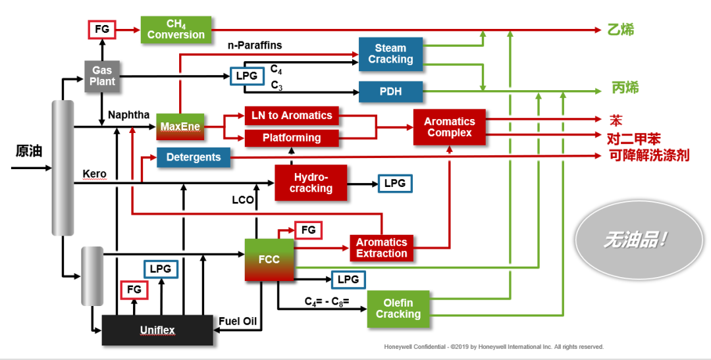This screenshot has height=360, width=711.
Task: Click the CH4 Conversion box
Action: tap(176, 30)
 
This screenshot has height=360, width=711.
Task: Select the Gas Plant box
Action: tap(102, 76)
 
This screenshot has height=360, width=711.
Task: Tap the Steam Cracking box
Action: tap(390, 54)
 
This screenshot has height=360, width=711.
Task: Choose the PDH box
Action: tap(390, 91)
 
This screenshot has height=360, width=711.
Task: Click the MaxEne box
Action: tap(179, 126)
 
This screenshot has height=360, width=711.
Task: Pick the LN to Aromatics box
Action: tap(292, 115)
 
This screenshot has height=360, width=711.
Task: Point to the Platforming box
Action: tap(292, 138)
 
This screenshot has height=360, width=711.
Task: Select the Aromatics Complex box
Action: tap(449, 127)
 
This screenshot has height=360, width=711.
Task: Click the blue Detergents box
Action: tap(194, 157)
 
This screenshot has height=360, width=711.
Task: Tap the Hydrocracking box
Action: tap(311, 182)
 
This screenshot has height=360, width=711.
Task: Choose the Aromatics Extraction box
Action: tap(382, 247)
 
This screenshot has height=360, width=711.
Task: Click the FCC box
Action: tap(269, 259)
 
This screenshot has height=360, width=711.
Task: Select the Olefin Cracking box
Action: tap(398, 309)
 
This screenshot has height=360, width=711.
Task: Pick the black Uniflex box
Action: tap(157, 330)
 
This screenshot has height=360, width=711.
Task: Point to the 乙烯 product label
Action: tap(620, 30)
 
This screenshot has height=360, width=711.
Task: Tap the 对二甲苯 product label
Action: tap(633, 138)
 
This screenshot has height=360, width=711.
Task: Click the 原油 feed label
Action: tap(28, 151)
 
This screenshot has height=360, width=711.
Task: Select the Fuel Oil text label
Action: tap(238, 322)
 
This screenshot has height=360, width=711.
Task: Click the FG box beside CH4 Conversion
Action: tap(102, 30)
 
